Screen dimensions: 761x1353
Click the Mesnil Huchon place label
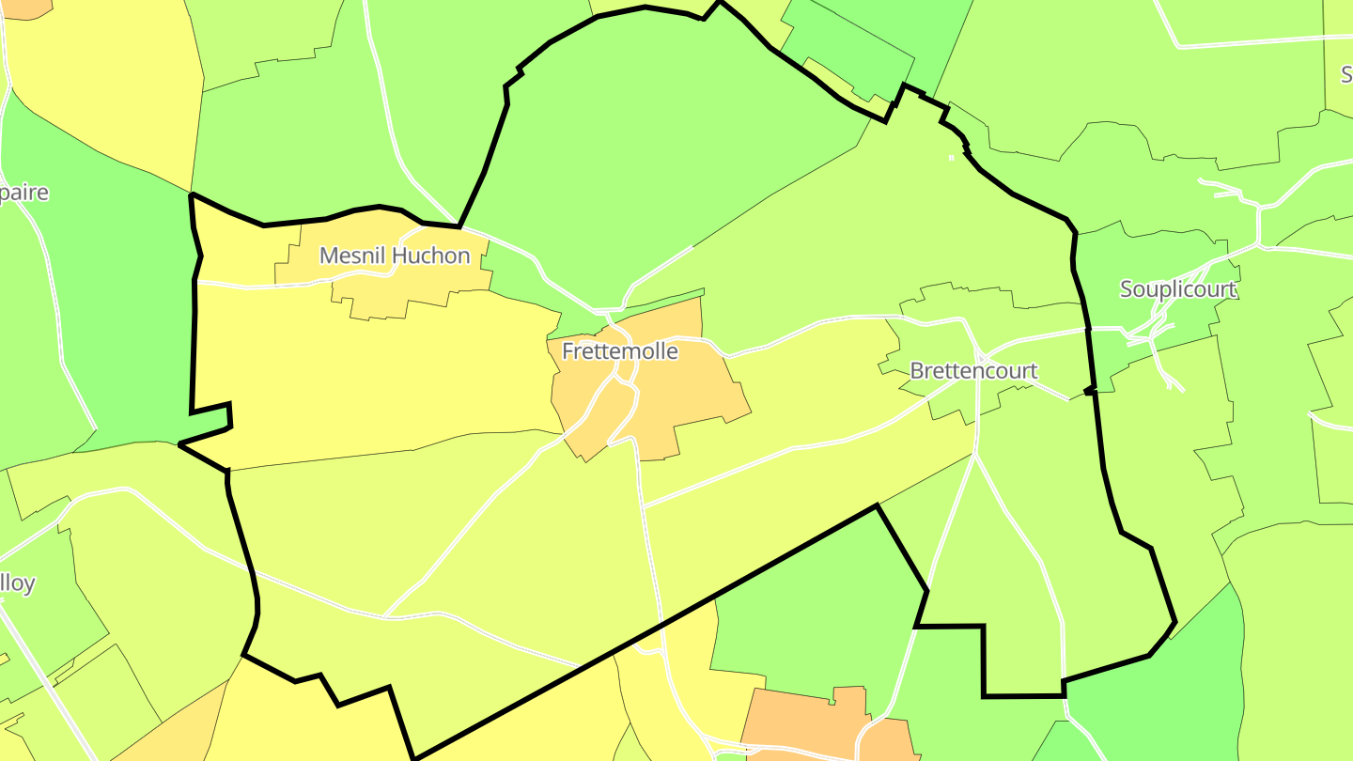pyautogui.click(x=395, y=256)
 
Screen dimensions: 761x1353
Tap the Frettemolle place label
pyautogui.click(x=619, y=351)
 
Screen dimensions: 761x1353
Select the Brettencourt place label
pyautogui.click(x=973, y=371)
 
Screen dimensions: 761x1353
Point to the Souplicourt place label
pyautogui.click(x=1177, y=289)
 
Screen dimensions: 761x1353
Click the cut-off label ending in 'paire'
pyautogui.click(x=24, y=193)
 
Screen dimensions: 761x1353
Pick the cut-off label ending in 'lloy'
pyautogui.click(x=18, y=583)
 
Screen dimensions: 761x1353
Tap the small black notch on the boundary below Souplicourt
pyautogui.click(x=1089, y=389)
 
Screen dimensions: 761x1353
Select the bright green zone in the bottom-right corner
pyautogui.click(x=1174, y=695)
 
